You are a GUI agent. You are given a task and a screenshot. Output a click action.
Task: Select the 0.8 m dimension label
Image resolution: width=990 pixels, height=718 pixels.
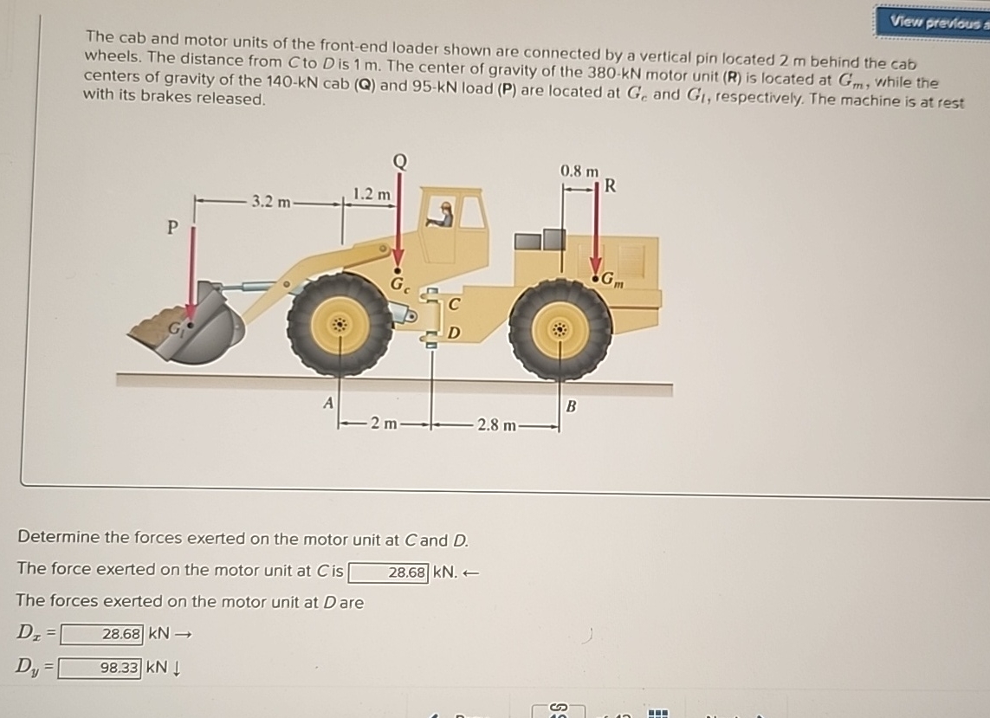click(x=579, y=171)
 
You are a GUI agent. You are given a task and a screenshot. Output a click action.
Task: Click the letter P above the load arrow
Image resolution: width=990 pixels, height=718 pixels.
click(x=172, y=228)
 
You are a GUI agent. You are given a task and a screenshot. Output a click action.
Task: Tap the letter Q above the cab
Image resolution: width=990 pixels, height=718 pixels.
click(x=398, y=162)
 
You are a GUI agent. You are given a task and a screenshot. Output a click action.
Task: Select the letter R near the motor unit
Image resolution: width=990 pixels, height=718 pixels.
click(x=610, y=184)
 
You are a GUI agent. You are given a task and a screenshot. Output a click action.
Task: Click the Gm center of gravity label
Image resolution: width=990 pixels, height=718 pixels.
click(x=612, y=280)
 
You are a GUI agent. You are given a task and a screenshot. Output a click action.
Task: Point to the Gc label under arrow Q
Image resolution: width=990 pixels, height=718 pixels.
click(x=400, y=283)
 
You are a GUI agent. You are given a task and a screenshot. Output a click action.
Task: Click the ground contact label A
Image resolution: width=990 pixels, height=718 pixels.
click(x=327, y=402)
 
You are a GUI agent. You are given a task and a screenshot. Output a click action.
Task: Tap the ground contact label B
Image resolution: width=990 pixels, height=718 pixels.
click(x=570, y=405)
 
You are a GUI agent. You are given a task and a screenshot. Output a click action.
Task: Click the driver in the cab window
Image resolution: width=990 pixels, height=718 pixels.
click(x=444, y=213)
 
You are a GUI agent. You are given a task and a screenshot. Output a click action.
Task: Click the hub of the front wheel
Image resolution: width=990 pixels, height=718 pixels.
click(x=340, y=326)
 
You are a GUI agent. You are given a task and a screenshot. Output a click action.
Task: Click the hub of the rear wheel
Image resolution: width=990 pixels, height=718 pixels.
click(x=560, y=330)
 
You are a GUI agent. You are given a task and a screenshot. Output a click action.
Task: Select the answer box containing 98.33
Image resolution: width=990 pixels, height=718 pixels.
click(x=100, y=667)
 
